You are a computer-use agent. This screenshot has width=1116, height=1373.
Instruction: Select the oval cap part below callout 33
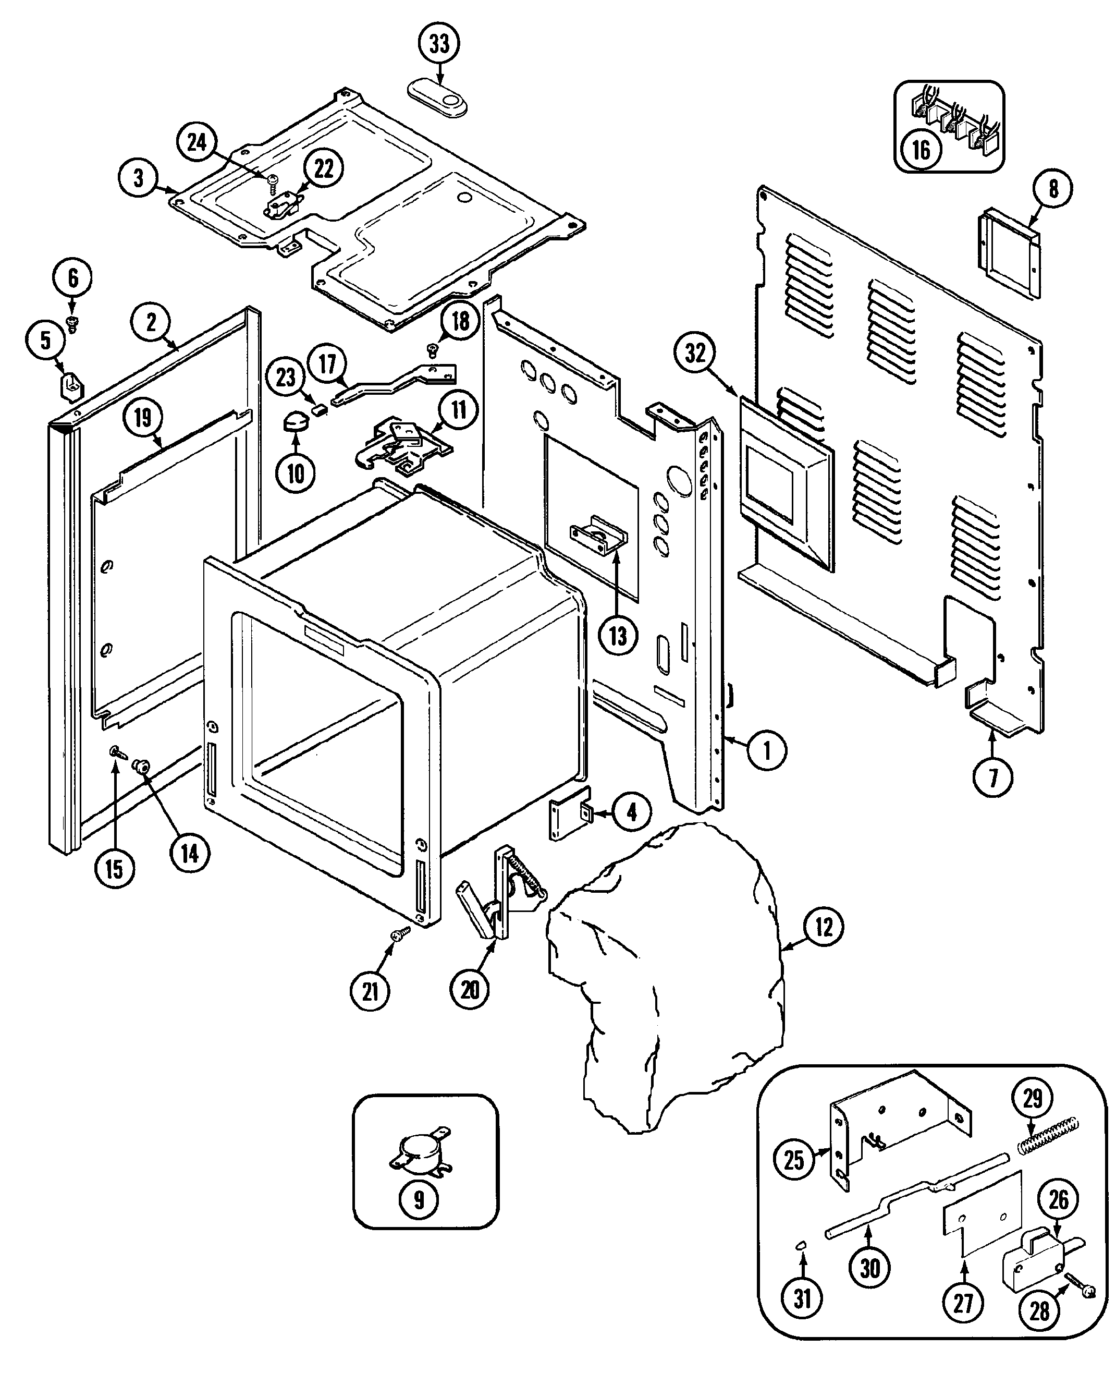pos(438,98)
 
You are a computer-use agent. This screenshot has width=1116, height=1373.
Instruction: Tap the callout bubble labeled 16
pos(921,150)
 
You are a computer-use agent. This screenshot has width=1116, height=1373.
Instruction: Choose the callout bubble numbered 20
pos(470,989)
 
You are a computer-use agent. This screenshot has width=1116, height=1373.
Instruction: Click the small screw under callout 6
pos(72,325)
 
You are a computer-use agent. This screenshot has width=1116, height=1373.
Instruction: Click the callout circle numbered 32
pos(695,353)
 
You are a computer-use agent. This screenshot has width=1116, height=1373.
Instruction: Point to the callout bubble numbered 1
pos(766,750)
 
